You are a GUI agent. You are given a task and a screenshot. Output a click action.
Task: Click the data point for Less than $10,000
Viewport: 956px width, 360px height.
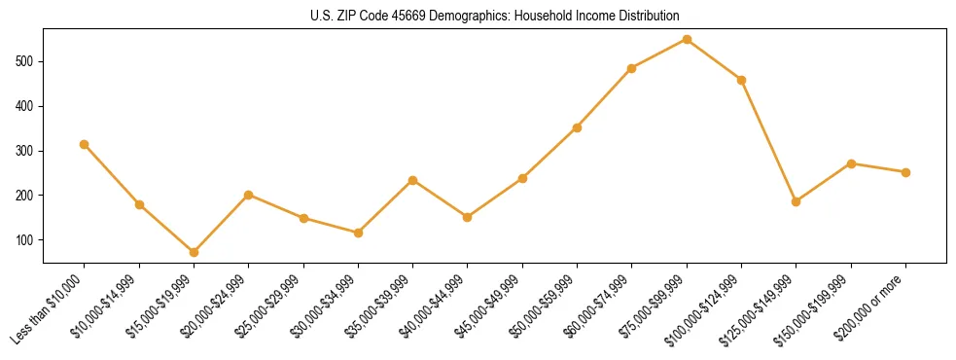pos(85,144)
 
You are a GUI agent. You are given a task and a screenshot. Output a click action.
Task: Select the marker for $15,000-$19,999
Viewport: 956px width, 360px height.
pos(194,252)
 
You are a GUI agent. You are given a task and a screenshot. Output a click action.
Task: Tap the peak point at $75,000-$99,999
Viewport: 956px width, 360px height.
pos(687,39)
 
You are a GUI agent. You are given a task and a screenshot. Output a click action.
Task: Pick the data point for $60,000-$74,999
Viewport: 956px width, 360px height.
pos(632,68)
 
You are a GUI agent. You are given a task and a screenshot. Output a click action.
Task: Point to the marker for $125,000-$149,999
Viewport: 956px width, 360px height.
pos(797,201)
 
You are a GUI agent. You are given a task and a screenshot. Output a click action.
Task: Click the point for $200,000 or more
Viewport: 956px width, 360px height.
pos(905,172)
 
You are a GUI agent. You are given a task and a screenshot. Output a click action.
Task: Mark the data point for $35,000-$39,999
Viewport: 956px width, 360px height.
pos(413,180)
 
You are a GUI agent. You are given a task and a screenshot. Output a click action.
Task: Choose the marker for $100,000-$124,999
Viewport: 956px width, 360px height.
pos(742,80)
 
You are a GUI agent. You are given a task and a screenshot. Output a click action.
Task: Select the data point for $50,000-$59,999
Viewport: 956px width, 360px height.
pos(578,127)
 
